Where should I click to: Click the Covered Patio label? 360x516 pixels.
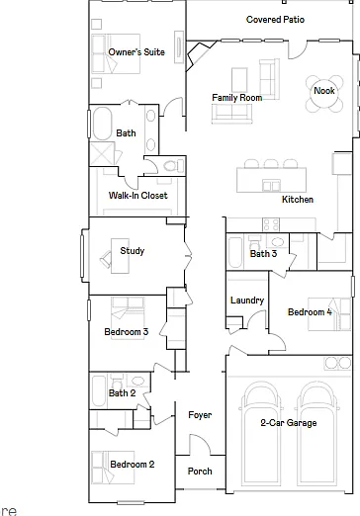click(275, 20)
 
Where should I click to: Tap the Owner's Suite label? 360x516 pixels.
click(136, 52)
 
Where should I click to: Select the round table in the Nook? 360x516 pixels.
click(324, 94)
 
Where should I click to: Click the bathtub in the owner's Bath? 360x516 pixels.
click(103, 124)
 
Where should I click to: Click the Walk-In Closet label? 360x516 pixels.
click(138, 196)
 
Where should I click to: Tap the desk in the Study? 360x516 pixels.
click(120, 256)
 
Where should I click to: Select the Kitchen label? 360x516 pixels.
click(298, 200)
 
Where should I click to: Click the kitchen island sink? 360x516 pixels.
click(271, 186)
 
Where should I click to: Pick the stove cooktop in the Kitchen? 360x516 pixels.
click(271, 224)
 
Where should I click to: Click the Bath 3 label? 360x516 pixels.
click(263, 254)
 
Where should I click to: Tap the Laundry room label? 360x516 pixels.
click(247, 301)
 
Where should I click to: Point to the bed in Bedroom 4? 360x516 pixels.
click(329, 314)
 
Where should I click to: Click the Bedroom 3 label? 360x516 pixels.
click(127, 332)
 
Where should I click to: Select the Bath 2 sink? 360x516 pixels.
click(137, 382)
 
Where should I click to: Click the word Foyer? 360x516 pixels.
click(200, 415)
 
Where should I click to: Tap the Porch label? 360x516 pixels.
click(200, 472)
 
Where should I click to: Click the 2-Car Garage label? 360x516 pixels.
click(289, 423)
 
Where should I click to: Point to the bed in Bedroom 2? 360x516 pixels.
click(113, 468)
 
